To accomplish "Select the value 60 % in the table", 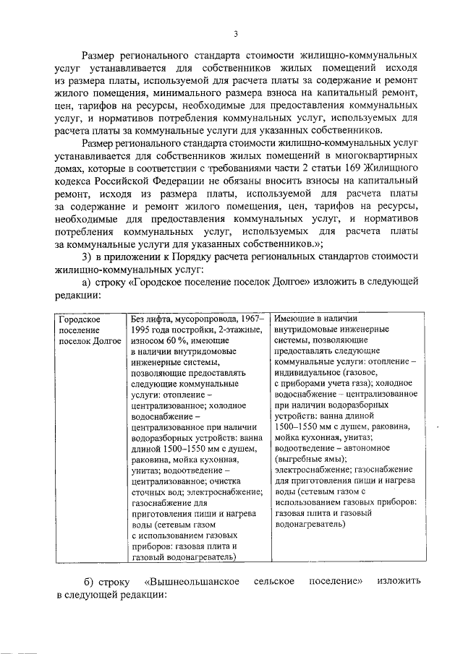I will pyautogui.click(x=175, y=340).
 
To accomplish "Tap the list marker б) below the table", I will pyautogui.click(x=89, y=582).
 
